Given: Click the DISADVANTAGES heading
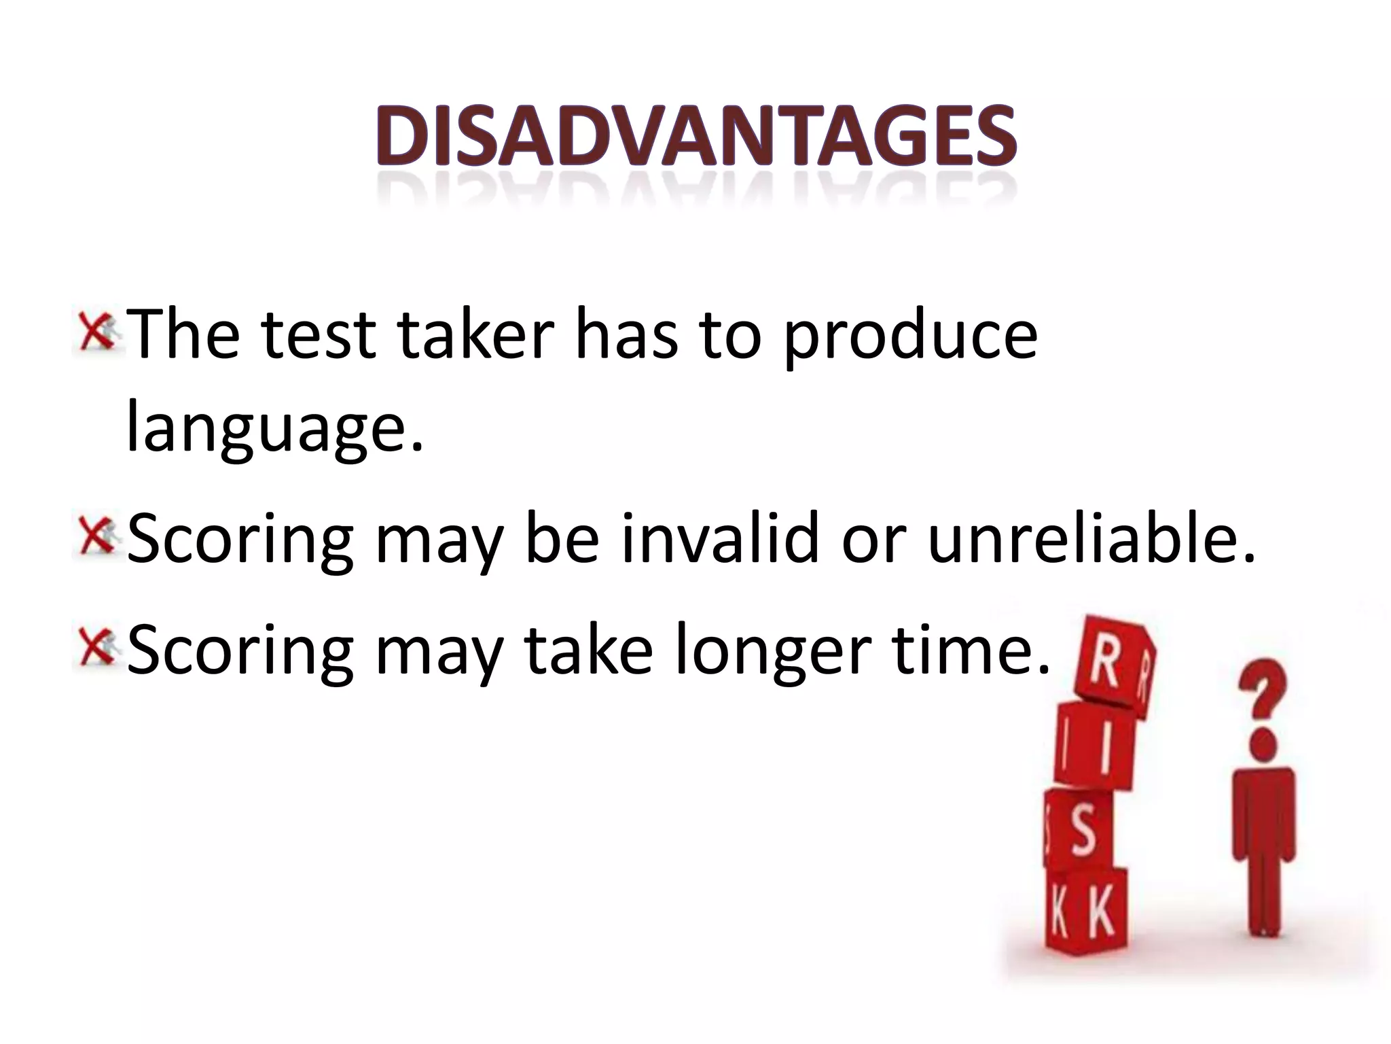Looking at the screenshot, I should (x=697, y=138).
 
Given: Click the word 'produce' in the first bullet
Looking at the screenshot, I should (x=911, y=336).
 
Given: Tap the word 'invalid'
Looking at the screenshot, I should (x=721, y=539).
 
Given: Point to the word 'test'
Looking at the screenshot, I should (x=319, y=336).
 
